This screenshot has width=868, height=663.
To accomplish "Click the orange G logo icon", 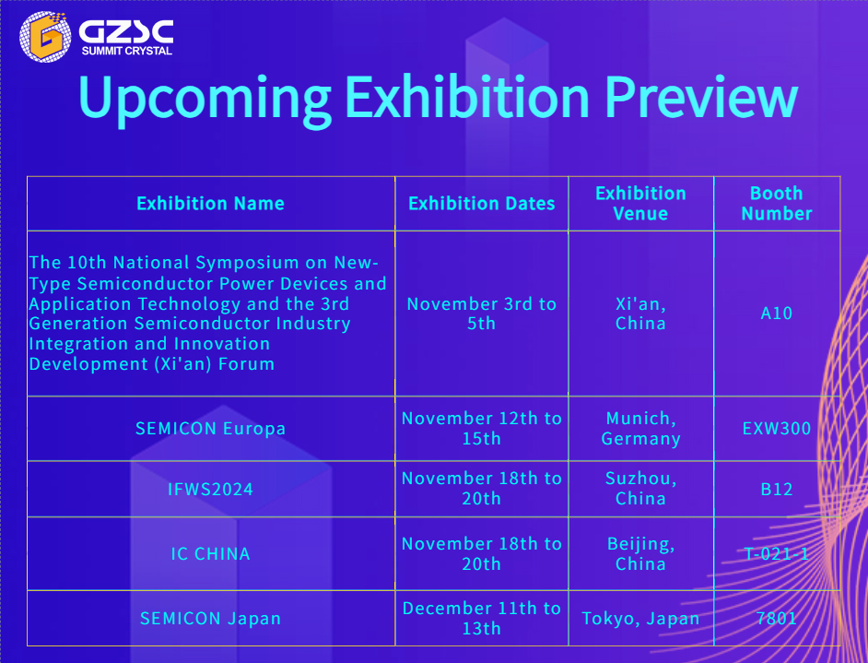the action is tap(45, 37).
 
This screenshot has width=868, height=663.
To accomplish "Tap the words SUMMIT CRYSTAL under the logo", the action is tap(127, 51).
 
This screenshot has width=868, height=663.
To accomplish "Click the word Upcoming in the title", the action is tap(205, 98).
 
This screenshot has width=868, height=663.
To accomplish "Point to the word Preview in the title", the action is tap(701, 96).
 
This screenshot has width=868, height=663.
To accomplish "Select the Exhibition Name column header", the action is tap(210, 203).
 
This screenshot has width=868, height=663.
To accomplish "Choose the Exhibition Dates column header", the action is tap(482, 203).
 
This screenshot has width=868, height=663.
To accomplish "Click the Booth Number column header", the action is tap(777, 203).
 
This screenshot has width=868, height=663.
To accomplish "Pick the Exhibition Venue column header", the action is tap(640, 203).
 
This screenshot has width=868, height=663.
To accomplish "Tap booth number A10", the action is tap(777, 313).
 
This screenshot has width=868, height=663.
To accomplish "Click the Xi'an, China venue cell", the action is tap(640, 313).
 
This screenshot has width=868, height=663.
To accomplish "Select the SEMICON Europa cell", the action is tap(210, 428).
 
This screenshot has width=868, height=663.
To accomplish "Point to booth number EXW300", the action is tap(777, 428).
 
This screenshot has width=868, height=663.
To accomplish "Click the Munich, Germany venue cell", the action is tap(640, 428).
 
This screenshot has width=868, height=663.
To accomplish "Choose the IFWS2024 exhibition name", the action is tap(210, 489).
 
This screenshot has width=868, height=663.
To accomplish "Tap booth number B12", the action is tap(777, 489).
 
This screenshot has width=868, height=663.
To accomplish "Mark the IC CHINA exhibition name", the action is tap(210, 553).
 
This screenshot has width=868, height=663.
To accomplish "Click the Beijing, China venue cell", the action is tap(640, 553).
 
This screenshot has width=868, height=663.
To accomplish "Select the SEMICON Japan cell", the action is tap(210, 618).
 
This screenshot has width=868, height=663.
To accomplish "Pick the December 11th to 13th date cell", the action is tap(482, 618).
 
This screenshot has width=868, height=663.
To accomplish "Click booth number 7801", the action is tap(777, 618).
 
